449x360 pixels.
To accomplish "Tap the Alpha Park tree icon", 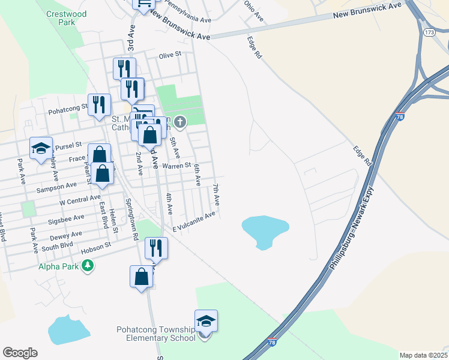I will [x=88, y=265].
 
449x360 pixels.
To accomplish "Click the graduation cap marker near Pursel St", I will [x=41, y=149].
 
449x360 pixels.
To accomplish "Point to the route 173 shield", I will [x=429, y=31].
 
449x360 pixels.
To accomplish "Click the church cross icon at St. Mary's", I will [x=180, y=123].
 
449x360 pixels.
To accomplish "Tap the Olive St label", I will [x=170, y=55].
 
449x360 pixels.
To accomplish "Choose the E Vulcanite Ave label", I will [x=193, y=222].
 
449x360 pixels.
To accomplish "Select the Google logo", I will [x=20, y=353].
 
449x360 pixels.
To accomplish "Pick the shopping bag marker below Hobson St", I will [x=141, y=277].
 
